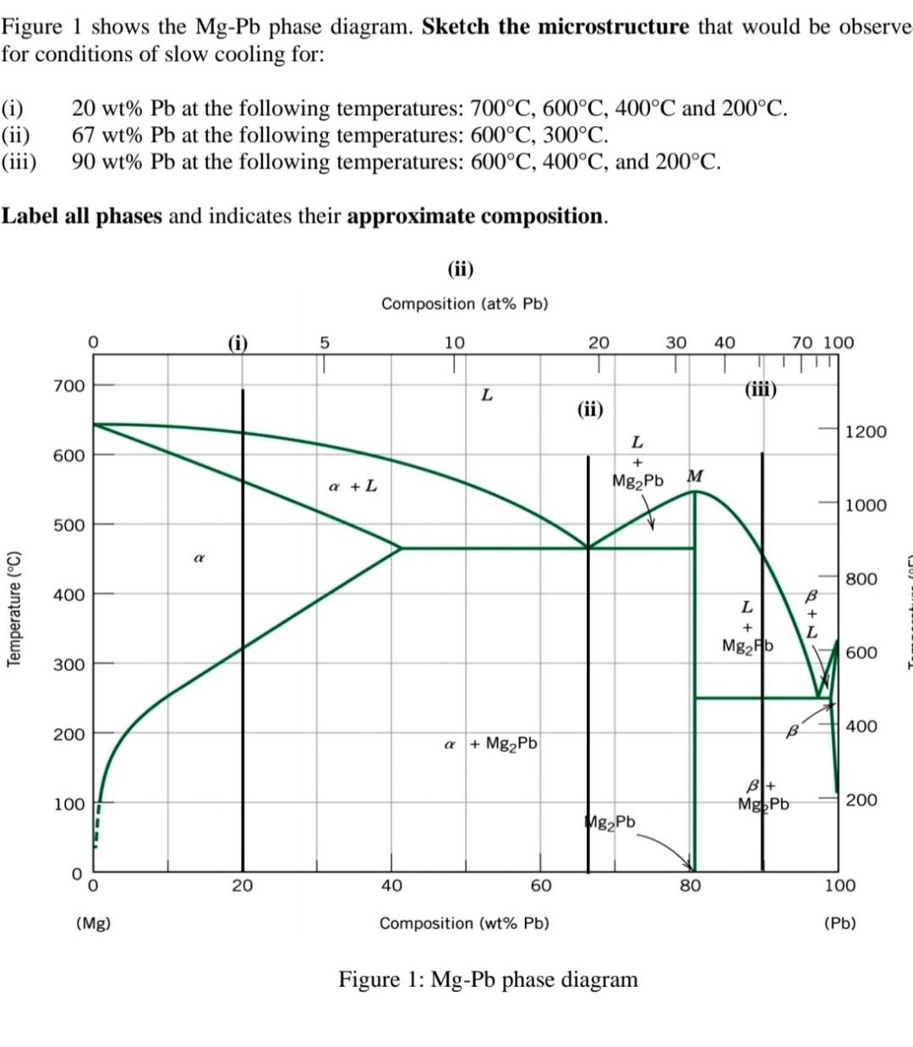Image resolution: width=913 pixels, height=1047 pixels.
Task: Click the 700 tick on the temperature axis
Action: coord(68,386)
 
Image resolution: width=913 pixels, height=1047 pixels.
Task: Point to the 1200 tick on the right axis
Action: coord(867,431)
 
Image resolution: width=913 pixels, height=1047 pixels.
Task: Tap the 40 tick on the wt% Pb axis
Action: coord(391,885)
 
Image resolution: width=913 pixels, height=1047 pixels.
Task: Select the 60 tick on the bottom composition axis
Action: coord(541,885)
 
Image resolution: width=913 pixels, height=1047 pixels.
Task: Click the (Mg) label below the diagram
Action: coord(93,923)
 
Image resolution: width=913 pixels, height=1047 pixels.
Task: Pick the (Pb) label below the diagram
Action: coord(839,923)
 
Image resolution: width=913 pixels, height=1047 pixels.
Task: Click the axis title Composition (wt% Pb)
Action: coord(464,923)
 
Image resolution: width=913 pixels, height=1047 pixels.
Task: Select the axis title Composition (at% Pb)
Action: coord(464,304)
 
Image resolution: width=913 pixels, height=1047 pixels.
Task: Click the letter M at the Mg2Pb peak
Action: coord(695,475)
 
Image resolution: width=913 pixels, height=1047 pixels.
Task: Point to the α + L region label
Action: coord(353,486)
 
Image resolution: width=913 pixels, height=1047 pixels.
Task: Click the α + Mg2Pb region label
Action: coord(491,744)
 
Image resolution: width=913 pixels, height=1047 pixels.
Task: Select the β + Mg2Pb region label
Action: coord(763,795)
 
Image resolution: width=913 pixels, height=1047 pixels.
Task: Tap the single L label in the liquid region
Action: coord(486,394)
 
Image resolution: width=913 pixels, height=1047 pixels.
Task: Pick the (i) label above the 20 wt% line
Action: coord(238,343)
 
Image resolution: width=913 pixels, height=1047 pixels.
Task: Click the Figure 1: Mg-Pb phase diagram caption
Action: coord(488,979)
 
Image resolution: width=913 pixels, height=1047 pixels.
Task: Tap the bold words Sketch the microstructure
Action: coord(555,26)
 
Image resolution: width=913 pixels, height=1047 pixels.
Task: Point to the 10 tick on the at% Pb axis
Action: coord(455,343)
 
